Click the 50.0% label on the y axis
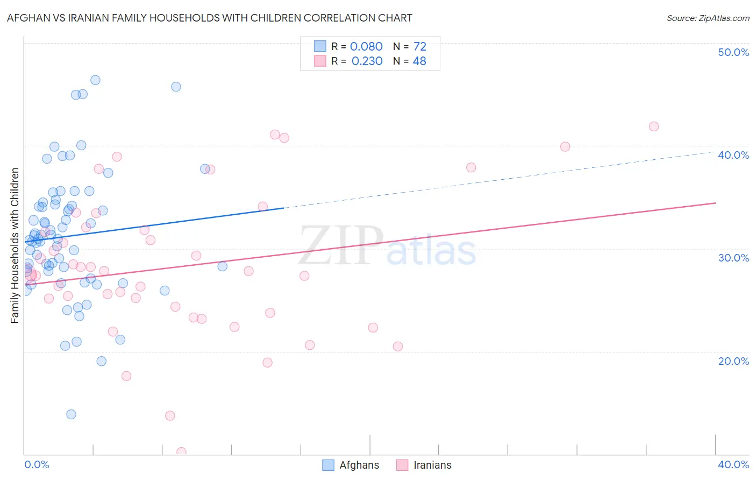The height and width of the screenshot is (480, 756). click(x=733, y=52)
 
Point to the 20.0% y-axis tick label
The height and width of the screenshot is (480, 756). click(x=733, y=361)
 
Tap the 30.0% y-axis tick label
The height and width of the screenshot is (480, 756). click(x=733, y=258)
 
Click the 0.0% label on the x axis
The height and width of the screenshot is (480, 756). click(x=37, y=464)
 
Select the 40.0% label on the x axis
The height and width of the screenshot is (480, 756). click(x=733, y=464)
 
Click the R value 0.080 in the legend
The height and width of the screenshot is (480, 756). click(x=366, y=46)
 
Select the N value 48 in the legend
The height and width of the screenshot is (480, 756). click(x=419, y=61)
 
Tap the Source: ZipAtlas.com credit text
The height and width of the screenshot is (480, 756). click(x=708, y=18)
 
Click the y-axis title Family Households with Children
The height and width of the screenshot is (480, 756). click(x=15, y=245)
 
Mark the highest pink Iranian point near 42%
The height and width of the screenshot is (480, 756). click(x=654, y=126)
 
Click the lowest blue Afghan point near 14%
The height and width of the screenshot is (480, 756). click(x=71, y=414)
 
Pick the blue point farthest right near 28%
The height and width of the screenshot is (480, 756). click(x=222, y=266)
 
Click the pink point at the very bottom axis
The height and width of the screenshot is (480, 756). click(x=181, y=452)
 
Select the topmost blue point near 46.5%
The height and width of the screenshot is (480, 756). click(x=95, y=80)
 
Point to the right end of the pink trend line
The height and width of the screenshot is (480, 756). click(x=715, y=203)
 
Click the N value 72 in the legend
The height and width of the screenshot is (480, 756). click(x=419, y=46)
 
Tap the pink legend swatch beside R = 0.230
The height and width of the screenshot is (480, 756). click(x=320, y=61)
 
